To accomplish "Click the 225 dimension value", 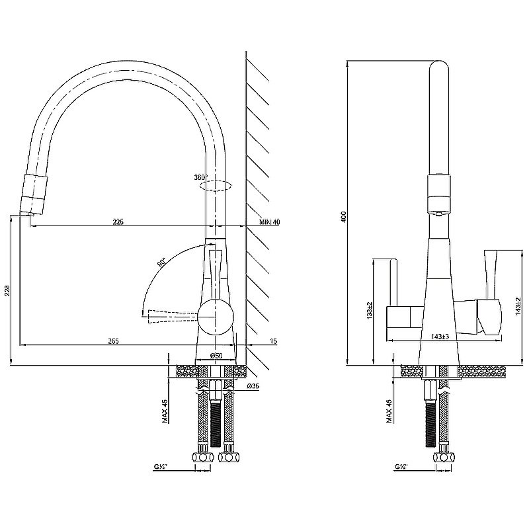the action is (118, 222).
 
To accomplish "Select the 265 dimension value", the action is (113, 341).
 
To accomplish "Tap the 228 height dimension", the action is (7, 290).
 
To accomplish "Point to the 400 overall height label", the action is (343, 217).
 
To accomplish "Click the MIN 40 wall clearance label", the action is (269, 222).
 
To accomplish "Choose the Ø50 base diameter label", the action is (216, 355).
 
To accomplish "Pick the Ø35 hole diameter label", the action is (253, 386).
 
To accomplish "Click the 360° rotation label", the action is (201, 177).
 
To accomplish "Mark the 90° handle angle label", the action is (162, 263).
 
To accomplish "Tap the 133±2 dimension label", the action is (370, 310).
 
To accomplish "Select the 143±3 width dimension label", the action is (440, 337).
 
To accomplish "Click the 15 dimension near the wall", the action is (274, 341).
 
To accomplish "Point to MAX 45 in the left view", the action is (165, 411).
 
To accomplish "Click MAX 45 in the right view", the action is (389, 411).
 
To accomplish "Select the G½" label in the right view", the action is (401, 468).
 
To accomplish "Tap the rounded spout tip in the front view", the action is (438, 62).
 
